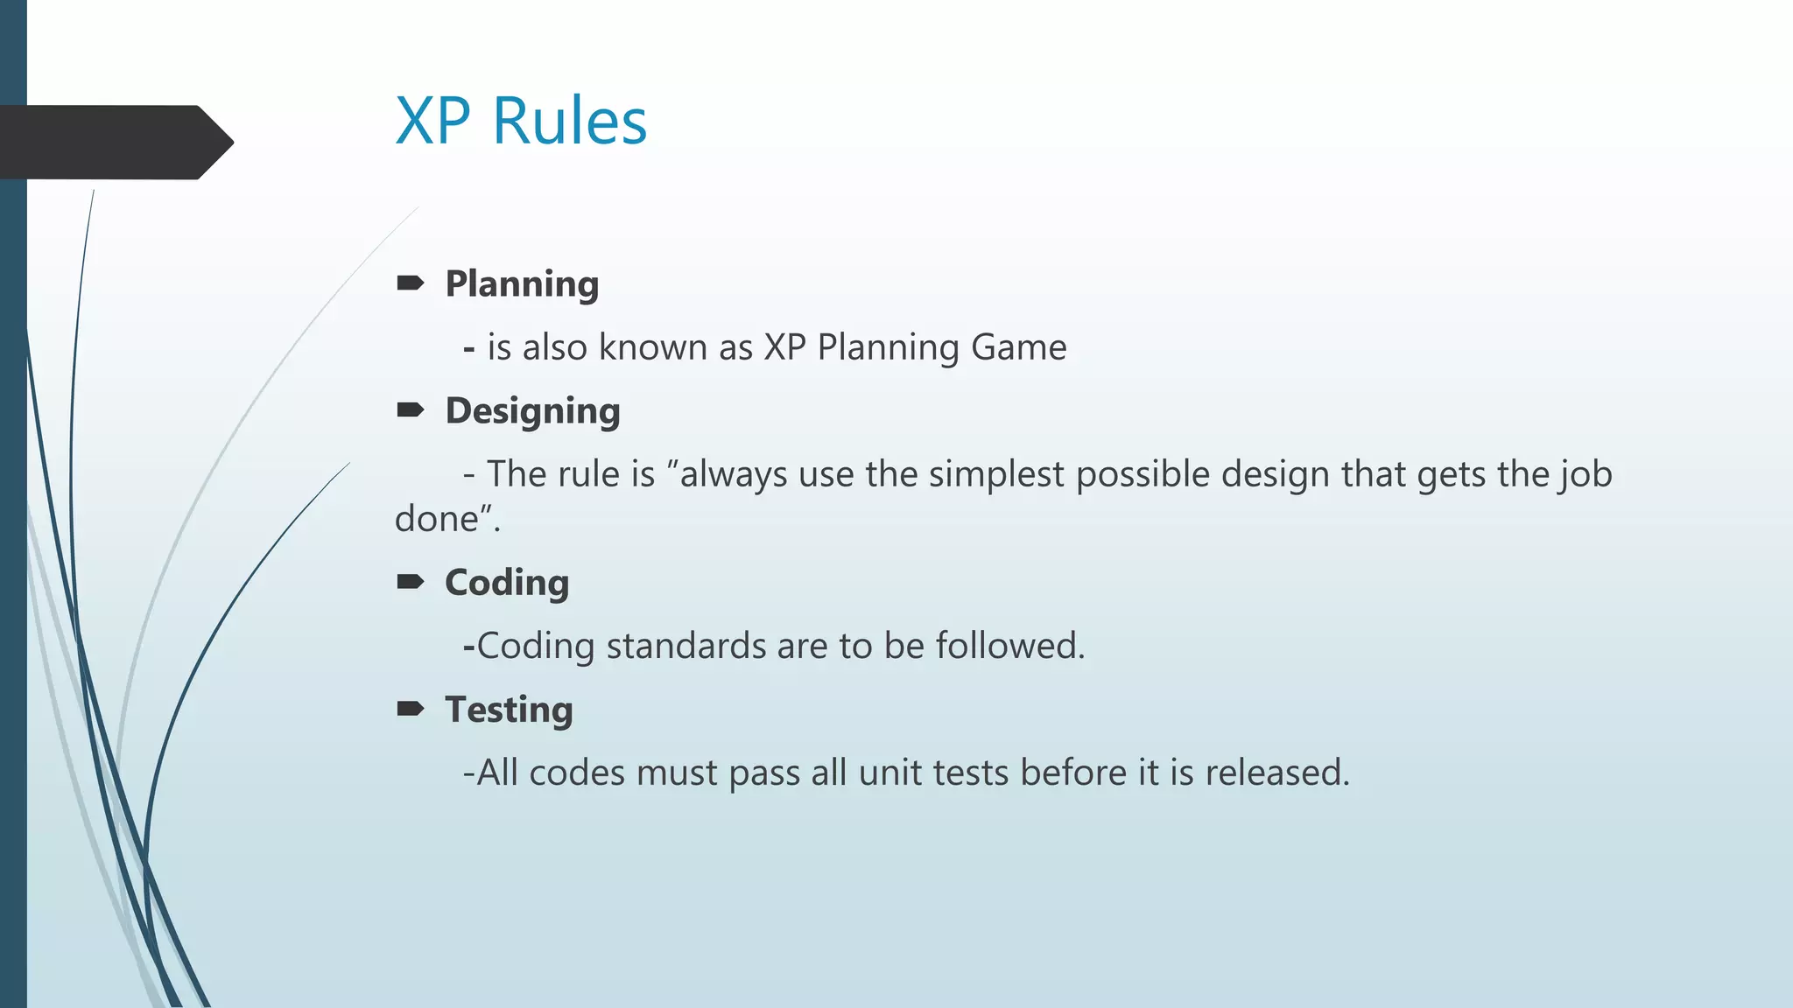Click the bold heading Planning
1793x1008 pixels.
pyautogui.click(x=522, y=284)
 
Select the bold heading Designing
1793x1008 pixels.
pyautogui.click(x=532, y=411)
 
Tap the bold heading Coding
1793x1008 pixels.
pyautogui.click(x=507, y=583)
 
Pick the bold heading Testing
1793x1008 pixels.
pyautogui.click(x=509, y=710)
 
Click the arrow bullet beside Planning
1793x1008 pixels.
pyautogui.click(x=410, y=283)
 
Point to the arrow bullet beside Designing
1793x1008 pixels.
pyautogui.click(x=410, y=409)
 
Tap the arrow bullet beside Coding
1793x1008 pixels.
pyautogui.click(x=410, y=582)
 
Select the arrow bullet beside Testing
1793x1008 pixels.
pyautogui.click(x=410, y=708)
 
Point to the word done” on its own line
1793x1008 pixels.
pyautogui.click(x=446, y=519)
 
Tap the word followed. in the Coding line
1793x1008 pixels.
pyautogui.click(x=1010, y=646)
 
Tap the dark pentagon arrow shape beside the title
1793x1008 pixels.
pyautogui.click(x=114, y=143)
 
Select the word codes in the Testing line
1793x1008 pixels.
pyautogui.click(x=577, y=773)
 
